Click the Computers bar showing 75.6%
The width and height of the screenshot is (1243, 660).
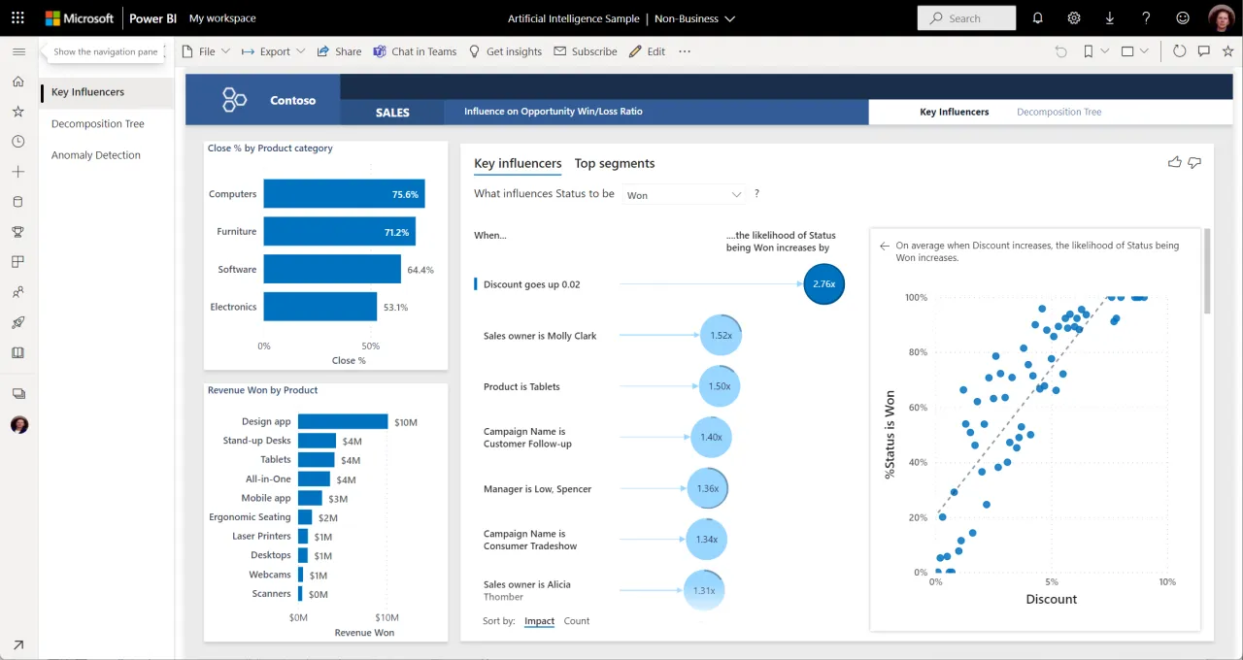coord(343,194)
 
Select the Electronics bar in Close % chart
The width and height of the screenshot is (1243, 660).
coord(319,307)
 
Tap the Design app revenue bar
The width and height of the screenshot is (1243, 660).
coord(342,421)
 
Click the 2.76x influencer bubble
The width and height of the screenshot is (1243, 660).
coord(823,284)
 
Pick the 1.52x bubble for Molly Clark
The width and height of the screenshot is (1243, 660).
coord(721,335)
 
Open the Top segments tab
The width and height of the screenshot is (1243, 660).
coord(614,163)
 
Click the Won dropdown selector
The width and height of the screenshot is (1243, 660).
coord(684,195)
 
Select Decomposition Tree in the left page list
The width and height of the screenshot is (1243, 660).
coord(97,123)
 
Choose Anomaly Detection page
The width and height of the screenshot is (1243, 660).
coord(95,155)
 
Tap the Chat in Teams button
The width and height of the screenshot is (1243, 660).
coord(415,51)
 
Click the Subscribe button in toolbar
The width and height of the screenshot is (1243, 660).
coord(586,51)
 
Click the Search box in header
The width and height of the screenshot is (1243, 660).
coord(966,17)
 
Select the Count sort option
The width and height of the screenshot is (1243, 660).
coord(577,621)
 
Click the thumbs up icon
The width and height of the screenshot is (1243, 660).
coord(1174,162)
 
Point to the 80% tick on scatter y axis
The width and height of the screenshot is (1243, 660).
coord(916,352)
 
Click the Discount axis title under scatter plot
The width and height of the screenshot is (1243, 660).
coord(1051,599)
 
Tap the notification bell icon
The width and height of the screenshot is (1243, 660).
coord(1037,17)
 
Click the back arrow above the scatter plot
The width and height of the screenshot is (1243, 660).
coord(884,247)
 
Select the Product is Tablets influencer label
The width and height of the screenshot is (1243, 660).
coord(521,386)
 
